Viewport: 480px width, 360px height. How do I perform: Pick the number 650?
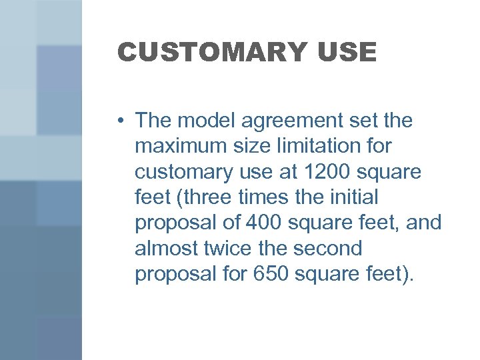coord(275,273)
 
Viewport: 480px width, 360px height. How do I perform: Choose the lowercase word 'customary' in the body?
coord(181,172)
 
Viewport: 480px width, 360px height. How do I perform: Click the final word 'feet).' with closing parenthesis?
coord(392,273)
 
